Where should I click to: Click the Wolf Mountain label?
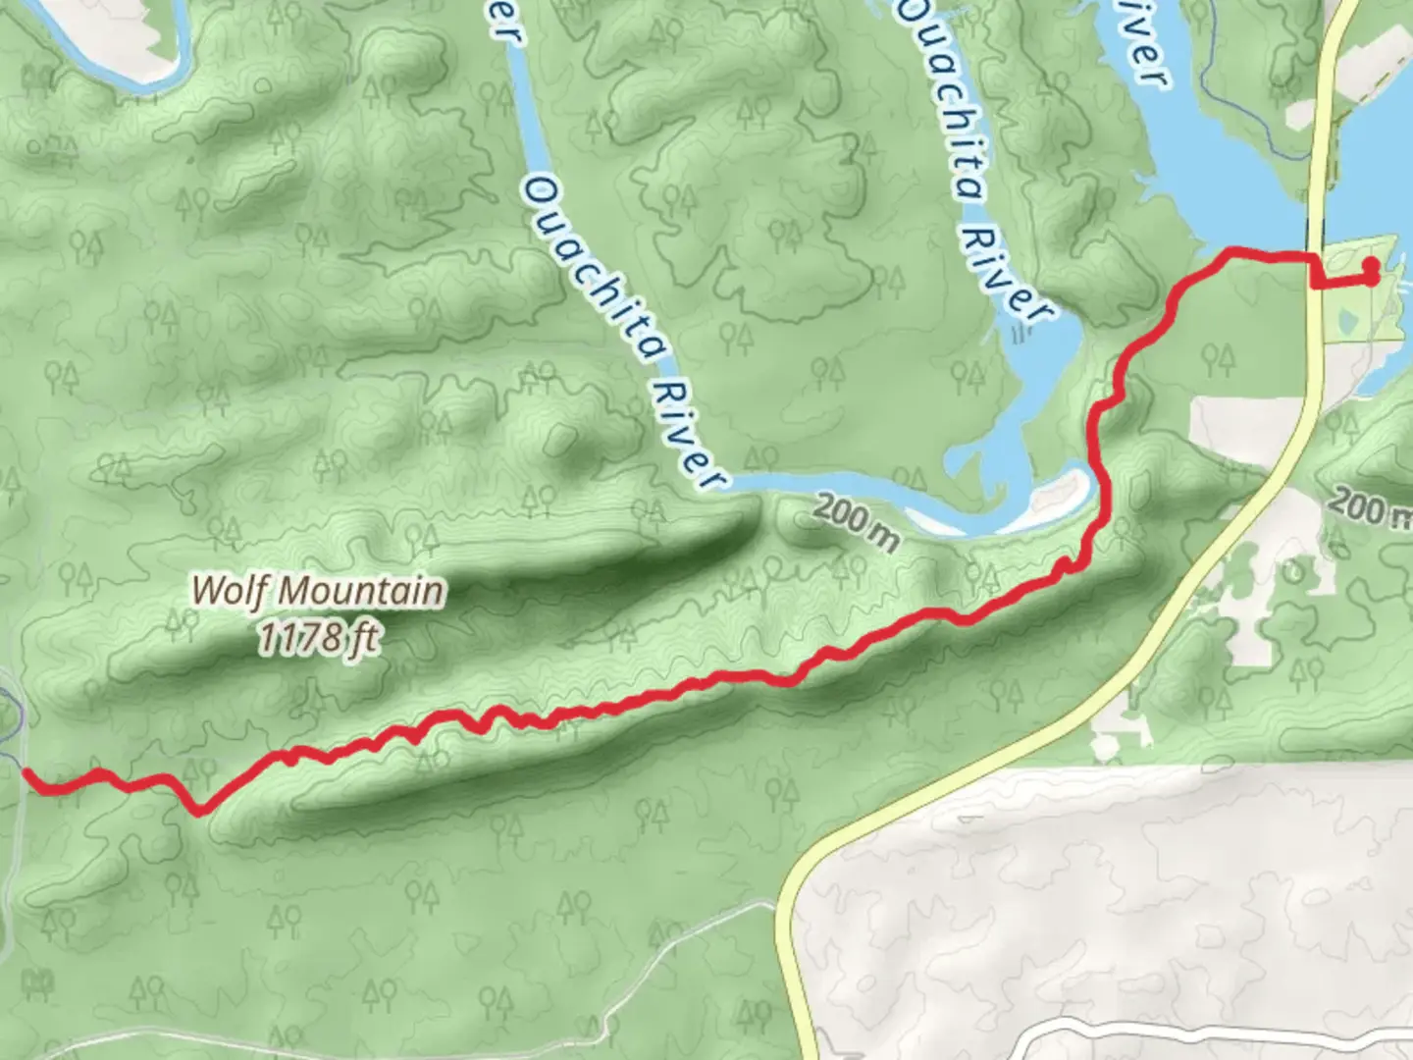tap(317, 591)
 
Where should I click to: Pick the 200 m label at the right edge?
tap(1370, 507)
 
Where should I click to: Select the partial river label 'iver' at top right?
tap(1144, 44)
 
